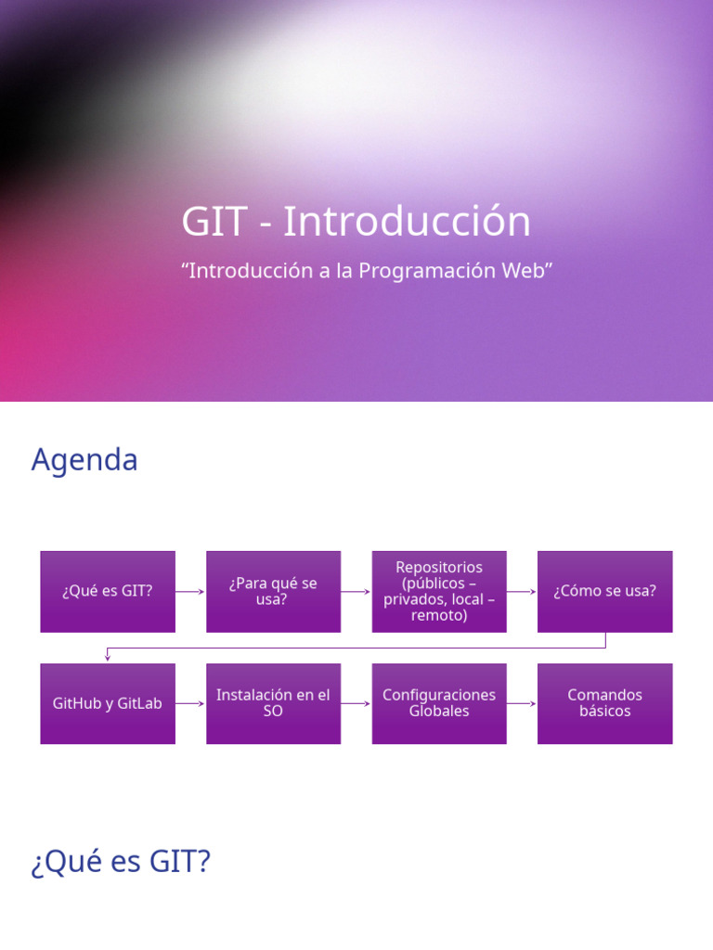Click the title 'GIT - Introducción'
tap(356, 223)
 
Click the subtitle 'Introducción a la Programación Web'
tap(367, 271)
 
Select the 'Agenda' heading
tap(84, 460)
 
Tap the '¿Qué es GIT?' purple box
tap(108, 591)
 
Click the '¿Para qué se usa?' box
tap(273, 591)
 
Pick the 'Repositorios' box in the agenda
tap(439, 591)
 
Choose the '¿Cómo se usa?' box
tap(604, 591)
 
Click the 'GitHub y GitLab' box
tap(108, 703)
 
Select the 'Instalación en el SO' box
tap(273, 703)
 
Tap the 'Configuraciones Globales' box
tap(439, 703)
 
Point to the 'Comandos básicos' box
tap(604, 703)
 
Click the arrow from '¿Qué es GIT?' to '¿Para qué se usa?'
tap(190, 591)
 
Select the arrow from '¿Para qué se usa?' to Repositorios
tap(356, 591)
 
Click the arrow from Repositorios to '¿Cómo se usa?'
tap(522, 591)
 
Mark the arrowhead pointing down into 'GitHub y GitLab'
tap(108, 657)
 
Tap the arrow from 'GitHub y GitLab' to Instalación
tap(190, 703)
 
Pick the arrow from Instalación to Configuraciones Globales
tap(356, 703)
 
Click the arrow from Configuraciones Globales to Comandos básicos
tap(522, 703)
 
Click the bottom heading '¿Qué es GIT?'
tap(121, 863)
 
